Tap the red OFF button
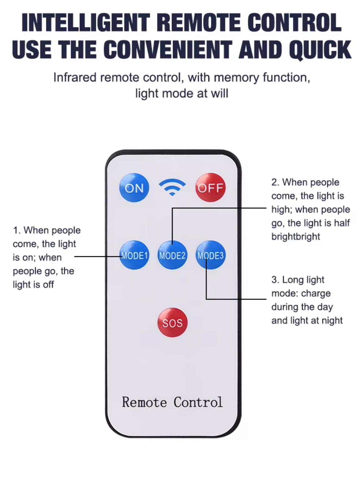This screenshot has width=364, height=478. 210,188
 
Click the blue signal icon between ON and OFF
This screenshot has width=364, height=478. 172,187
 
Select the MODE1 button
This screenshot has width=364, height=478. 134,255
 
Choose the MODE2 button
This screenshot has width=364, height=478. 172,255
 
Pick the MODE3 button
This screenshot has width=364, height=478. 210,255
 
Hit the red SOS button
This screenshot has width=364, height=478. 172,323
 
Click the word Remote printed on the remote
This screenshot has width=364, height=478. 144,402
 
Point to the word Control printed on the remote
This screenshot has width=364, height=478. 198,402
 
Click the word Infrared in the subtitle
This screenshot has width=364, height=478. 75,77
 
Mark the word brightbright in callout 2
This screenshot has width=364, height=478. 296,236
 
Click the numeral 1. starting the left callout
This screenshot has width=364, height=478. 17,230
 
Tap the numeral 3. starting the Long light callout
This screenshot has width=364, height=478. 275,280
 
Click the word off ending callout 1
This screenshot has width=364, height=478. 48,285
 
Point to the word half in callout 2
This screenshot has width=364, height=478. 342,223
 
